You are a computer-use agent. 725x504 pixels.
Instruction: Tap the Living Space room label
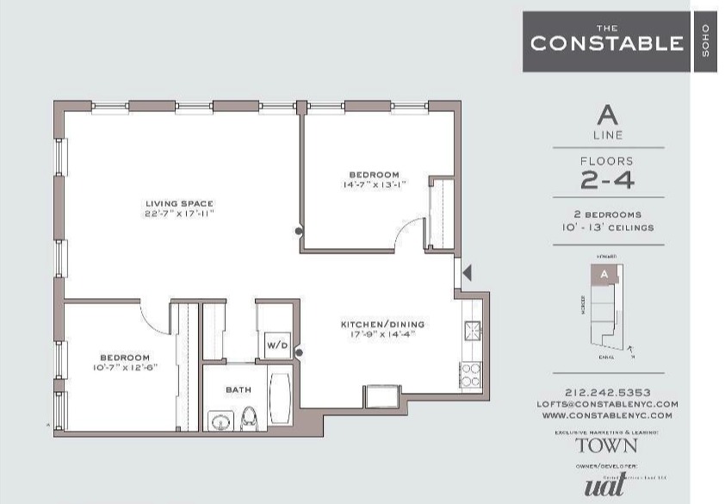(178, 203)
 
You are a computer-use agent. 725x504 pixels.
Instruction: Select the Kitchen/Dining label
(382, 324)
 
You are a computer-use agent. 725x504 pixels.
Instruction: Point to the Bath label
(239, 389)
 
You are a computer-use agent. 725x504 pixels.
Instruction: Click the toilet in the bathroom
(250, 418)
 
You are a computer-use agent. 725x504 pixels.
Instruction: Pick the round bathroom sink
(220, 422)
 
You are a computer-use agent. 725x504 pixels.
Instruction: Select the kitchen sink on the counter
(472, 330)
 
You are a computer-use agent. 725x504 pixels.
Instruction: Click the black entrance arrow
(468, 272)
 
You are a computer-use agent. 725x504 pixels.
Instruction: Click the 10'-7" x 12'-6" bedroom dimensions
(124, 368)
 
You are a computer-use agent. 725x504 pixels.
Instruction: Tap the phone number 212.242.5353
(608, 392)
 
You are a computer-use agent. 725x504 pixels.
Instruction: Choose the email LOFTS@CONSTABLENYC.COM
(608, 403)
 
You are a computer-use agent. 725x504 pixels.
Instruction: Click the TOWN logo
(607, 445)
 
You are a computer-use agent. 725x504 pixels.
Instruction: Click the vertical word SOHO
(705, 42)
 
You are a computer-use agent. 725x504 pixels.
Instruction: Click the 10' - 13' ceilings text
(608, 227)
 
